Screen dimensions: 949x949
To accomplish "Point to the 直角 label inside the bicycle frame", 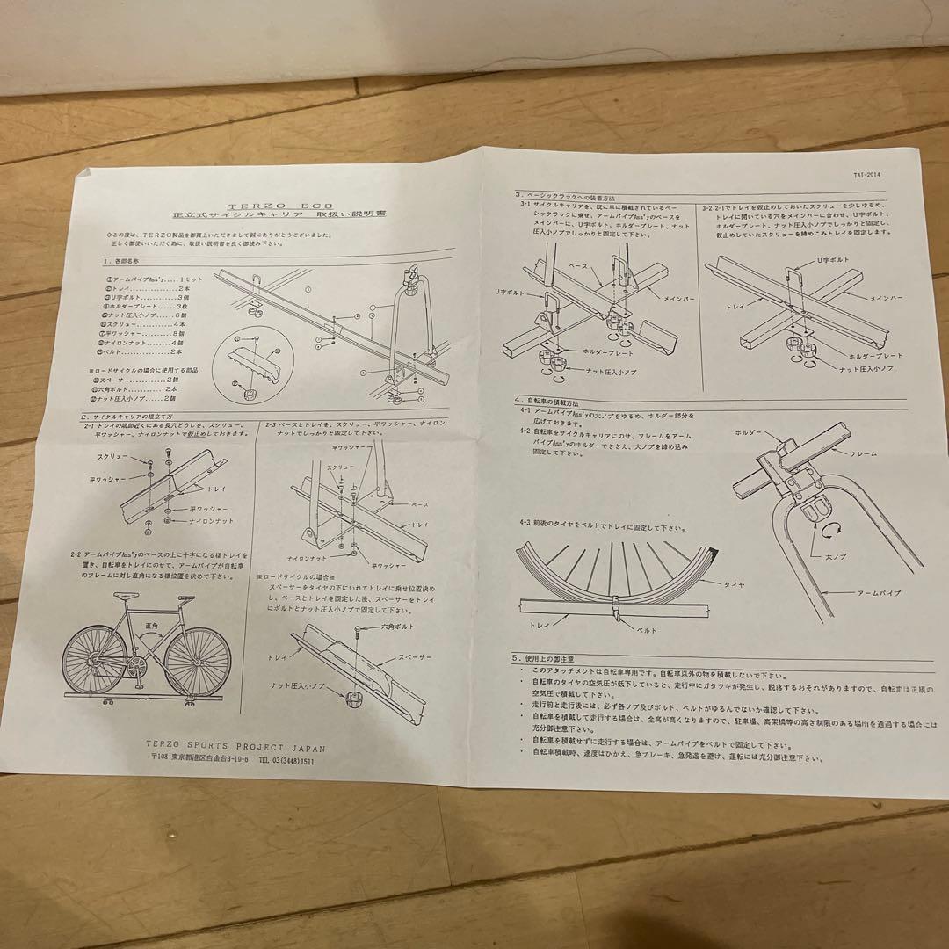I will coord(154,627).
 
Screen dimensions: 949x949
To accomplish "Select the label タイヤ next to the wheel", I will coord(735,583).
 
